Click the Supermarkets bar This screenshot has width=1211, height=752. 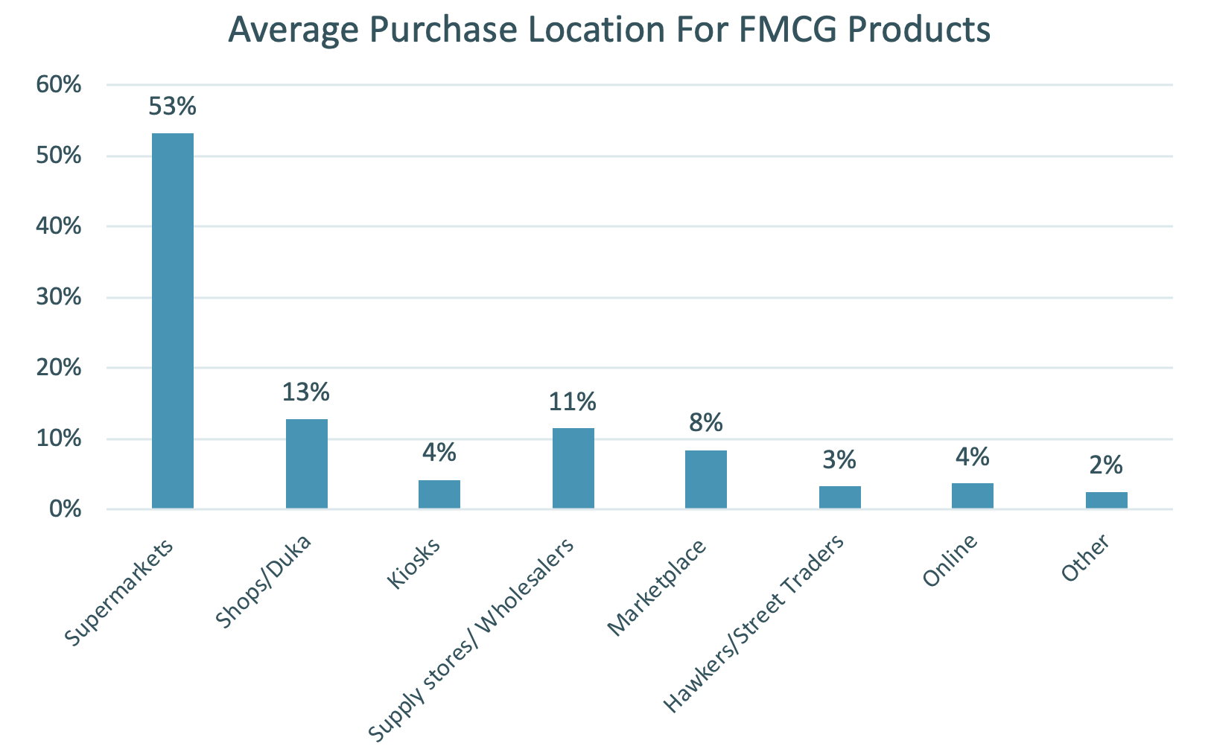tap(172, 321)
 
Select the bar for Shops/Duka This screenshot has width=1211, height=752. tap(306, 464)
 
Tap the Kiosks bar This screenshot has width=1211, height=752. tap(439, 494)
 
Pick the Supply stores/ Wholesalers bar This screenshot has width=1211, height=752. tap(573, 468)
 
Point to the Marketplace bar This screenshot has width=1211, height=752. tap(705, 479)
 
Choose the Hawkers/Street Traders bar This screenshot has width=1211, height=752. tap(839, 497)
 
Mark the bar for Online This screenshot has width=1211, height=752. tap(972, 496)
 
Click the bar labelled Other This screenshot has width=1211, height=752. tap(1106, 500)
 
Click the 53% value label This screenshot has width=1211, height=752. tap(172, 106)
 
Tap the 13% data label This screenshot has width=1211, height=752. tap(305, 392)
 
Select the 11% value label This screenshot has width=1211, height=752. tap(573, 402)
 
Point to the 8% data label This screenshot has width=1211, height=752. tap(705, 423)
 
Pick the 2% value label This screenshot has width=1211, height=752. tap(1106, 465)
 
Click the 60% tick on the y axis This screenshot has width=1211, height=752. tap(58, 85)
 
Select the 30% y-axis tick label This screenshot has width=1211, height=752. tap(58, 298)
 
